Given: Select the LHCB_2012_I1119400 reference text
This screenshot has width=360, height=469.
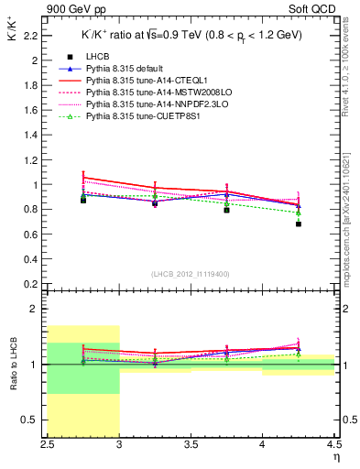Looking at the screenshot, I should tap(191, 274).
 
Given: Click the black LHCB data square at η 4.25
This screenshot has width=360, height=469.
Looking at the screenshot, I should tap(299, 224).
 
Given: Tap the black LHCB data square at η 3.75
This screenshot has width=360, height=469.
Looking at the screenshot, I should tap(227, 210).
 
